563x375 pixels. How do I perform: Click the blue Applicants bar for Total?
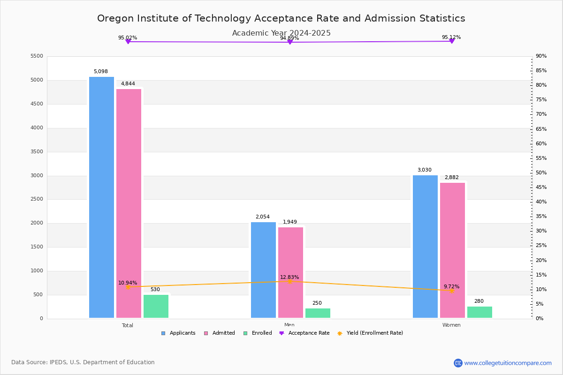[x=101, y=197]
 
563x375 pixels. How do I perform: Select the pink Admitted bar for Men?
[x=290, y=272]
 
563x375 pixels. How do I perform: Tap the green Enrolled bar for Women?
[x=479, y=312]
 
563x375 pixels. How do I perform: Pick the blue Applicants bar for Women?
[x=425, y=247]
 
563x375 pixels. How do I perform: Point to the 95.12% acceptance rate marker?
[x=451, y=41]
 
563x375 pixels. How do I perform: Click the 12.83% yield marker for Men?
[x=289, y=281]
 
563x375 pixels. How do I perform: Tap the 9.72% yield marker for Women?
[x=451, y=291]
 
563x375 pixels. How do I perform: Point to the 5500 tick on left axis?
[x=37, y=56]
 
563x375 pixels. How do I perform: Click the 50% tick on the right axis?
[x=541, y=173]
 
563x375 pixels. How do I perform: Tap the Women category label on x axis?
[x=451, y=325]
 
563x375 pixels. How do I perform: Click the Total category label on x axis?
[x=128, y=325]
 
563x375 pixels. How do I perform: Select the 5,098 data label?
[x=101, y=72]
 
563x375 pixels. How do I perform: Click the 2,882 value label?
[x=451, y=178]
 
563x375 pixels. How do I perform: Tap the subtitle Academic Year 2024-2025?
[x=281, y=33]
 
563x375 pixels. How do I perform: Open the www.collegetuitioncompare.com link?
[x=508, y=363]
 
